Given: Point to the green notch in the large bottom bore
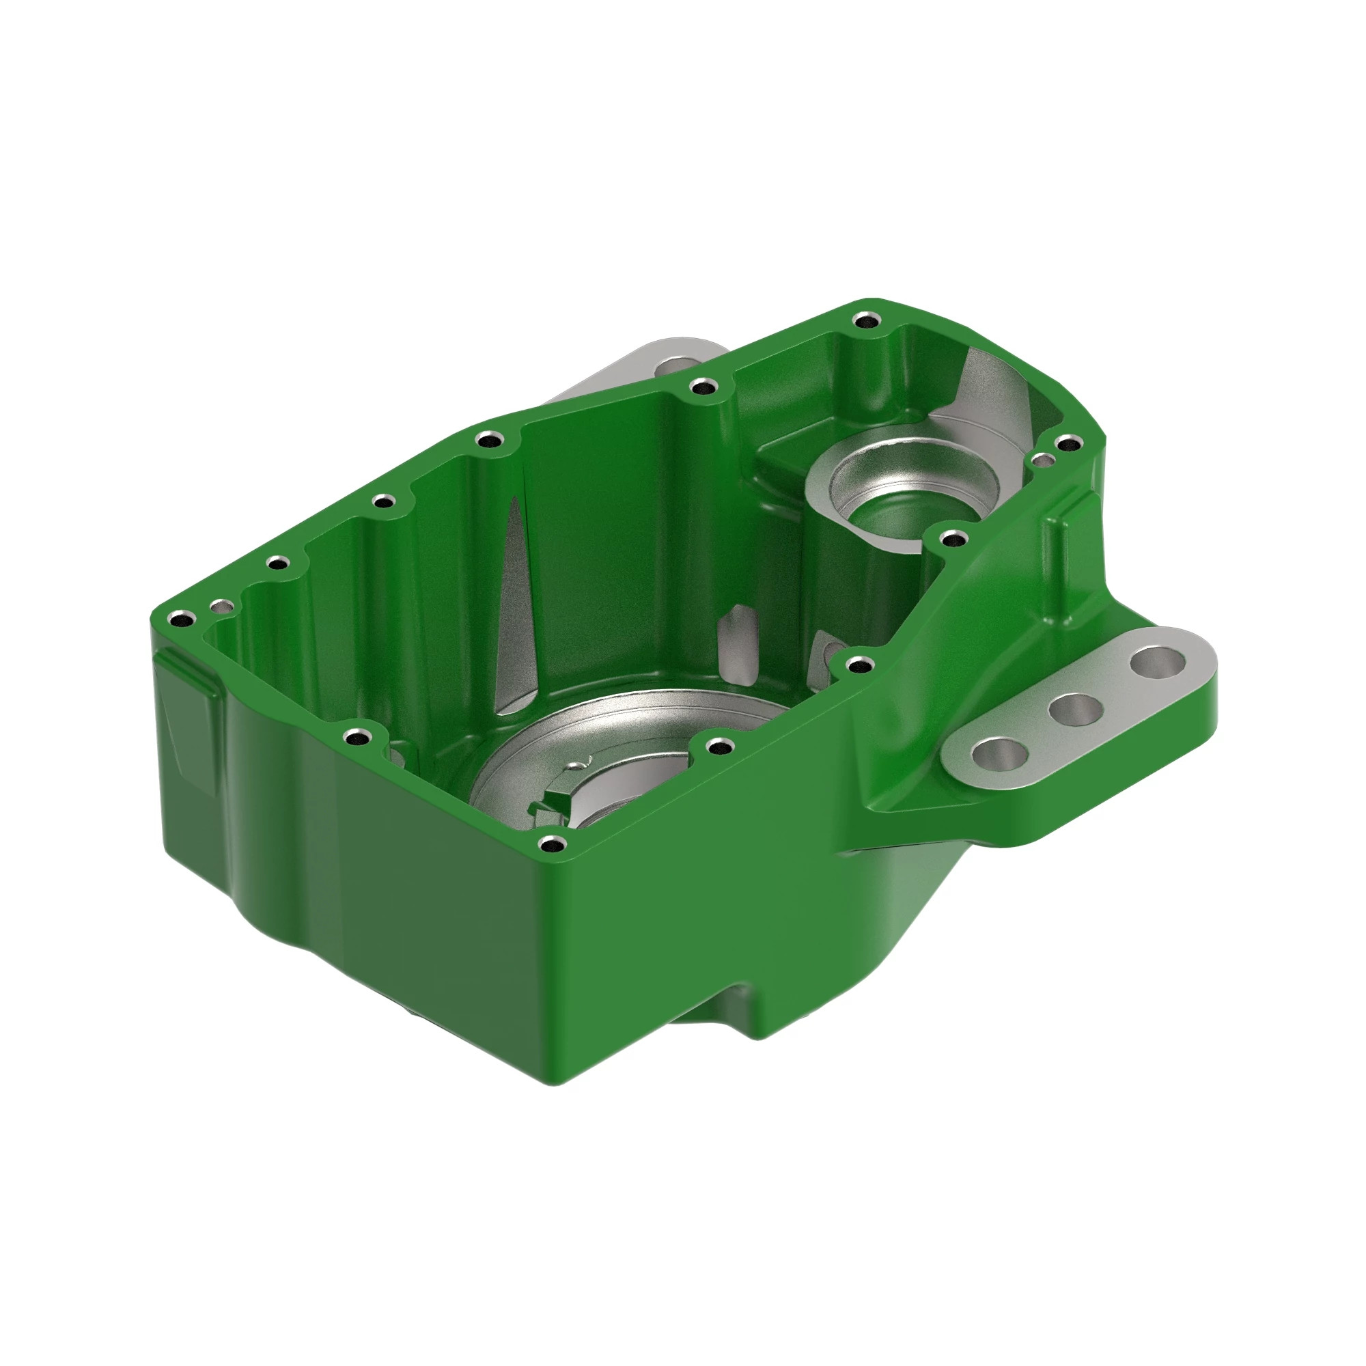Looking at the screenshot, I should (x=556, y=807).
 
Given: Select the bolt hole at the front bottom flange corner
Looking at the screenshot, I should (x=550, y=844).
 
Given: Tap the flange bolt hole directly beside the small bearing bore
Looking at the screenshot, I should (x=953, y=540).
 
